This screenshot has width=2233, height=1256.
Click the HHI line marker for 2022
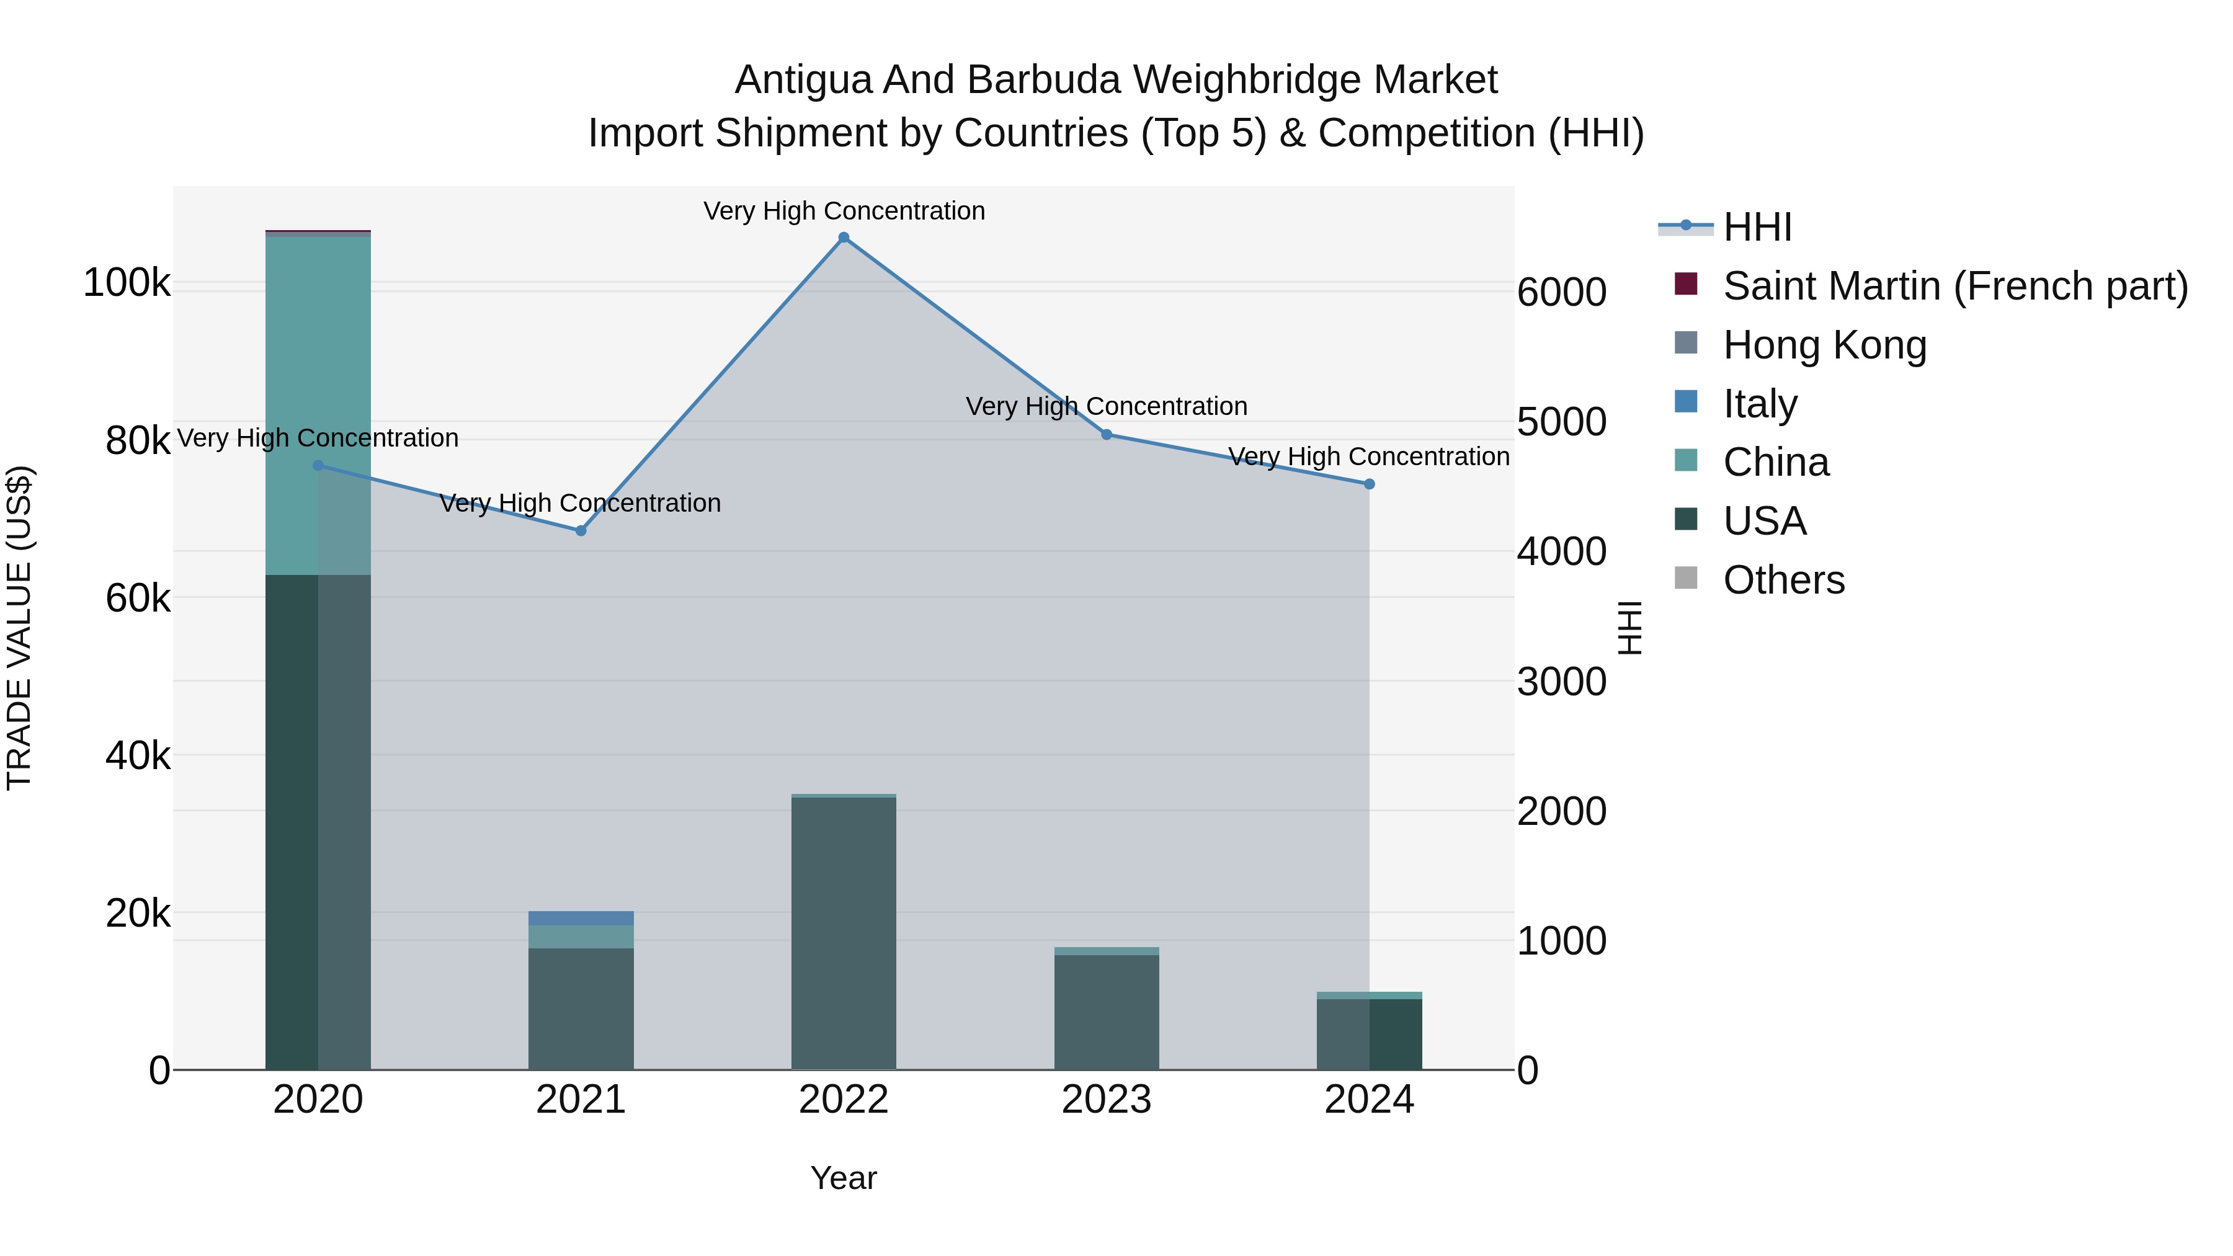click(x=844, y=238)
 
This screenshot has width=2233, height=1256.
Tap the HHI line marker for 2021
click(x=581, y=530)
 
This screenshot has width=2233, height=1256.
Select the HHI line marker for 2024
click(x=1369, y=484)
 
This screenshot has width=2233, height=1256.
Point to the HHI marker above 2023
click(x=1106, y=434)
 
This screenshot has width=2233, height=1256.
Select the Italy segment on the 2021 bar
click(x=581, y=918)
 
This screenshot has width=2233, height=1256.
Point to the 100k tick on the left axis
click(x=127, y=283)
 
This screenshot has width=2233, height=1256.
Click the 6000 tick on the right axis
click(x=1561, y=292)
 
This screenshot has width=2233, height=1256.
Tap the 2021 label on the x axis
click(x=581, y=1100)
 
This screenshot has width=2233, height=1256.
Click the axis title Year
click(x=844, y=1178)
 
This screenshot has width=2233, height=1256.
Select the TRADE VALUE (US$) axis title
click(x=19, y=628)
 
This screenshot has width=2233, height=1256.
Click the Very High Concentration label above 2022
click(x=844, y=211)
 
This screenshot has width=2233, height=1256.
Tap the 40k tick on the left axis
click(x=138, y=756)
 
